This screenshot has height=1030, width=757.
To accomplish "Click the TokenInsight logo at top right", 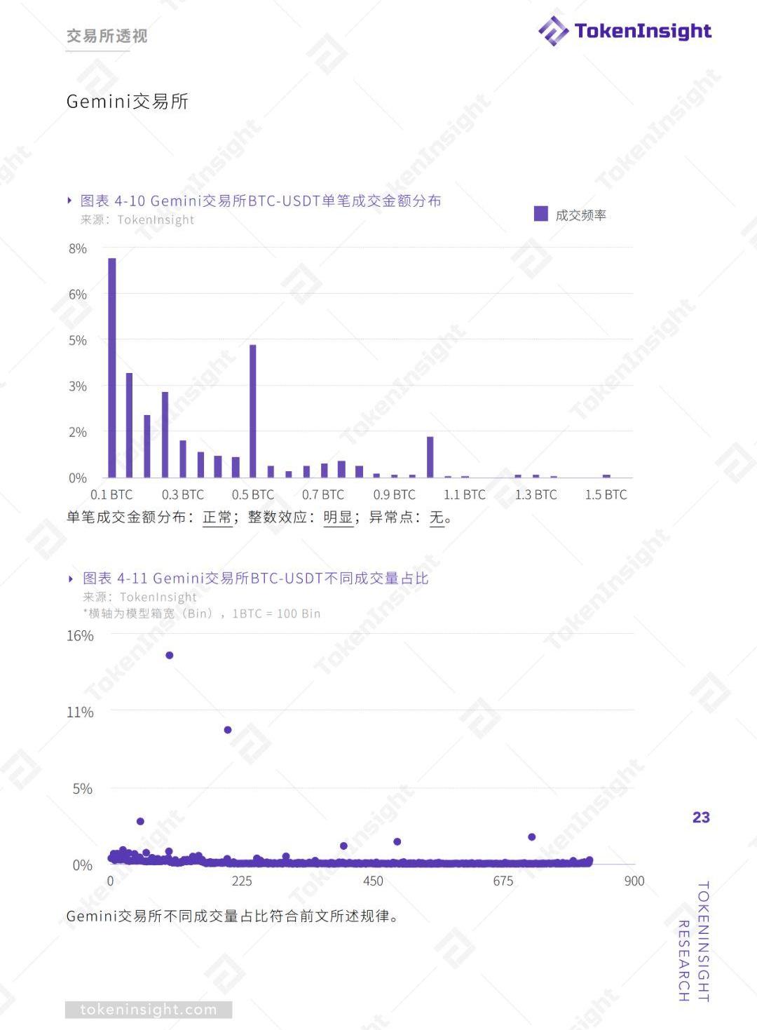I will pyautogui.click(x=624, y=31).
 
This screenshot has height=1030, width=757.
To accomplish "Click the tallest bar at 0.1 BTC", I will pyautogui.click(x=112, y=367).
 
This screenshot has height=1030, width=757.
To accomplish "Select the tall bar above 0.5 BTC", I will pyautogui.click(x=253, y=411).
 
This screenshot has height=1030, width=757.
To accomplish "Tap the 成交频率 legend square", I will pyautogui.click(x=540, y=214).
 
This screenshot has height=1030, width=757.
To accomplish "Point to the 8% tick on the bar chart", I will pyautogui.click(x=78, y=249).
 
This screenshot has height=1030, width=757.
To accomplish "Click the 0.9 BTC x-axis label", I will pyautogui.click(x=394, y=495).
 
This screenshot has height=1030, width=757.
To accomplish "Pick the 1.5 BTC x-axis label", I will pyautogui.click(x=606, y=495).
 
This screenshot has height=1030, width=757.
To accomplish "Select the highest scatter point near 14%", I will pyautogui.click(x=169, y=656).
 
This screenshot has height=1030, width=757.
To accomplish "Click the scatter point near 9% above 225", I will pyautogui.click(x=228, y=730).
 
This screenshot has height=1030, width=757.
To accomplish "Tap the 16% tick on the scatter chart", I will pyautogui.click(x=80, y=636).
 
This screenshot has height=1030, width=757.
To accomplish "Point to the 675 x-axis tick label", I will pyautogui.click(x=503, y=881).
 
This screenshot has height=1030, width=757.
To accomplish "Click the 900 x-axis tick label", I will pyautogui.click(x=634, y=881).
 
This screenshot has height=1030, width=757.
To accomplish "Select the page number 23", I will pyautogui.click(x=701, y=818).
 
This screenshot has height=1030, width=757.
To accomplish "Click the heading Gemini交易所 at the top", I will pyautogui.click(x=128, y=102).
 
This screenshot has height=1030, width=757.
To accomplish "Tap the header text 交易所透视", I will pyautogui.click(x=107, y=36).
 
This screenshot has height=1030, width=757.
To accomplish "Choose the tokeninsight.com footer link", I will pyautogui.click(x=149, y=1010).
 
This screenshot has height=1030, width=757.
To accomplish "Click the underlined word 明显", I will pyautogui.click(x=338, y=517).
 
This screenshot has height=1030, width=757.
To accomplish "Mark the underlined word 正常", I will pyautogui.click(x=217, y=517).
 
